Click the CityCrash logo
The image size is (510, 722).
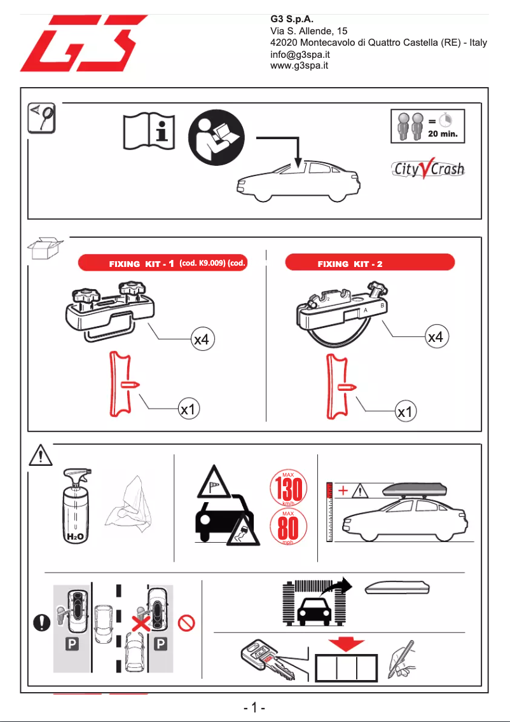pyautogui.click(x=427, y=170)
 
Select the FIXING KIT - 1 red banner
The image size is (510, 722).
pyautogui.click(x=162, y=263)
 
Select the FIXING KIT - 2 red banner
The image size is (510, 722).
pyautogui.click(x=370, y=263)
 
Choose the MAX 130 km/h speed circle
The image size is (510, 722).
pyautogui.click(x=289, y=489)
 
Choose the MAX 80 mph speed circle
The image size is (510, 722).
pyautogui.click(x=289, y=529)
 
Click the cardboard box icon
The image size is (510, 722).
pyautogui.click(x=46, y=250)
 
